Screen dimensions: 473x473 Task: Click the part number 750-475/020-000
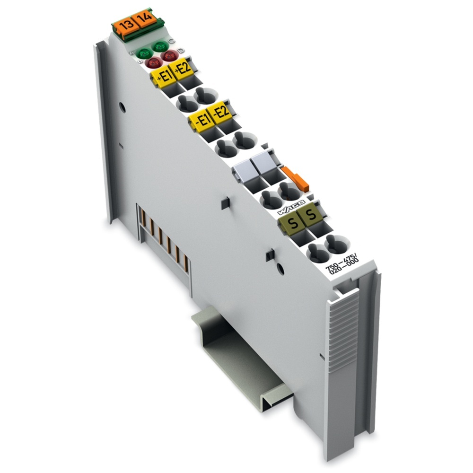342,262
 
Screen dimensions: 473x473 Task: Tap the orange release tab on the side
296,179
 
